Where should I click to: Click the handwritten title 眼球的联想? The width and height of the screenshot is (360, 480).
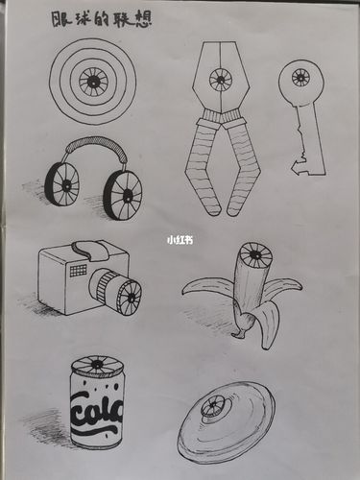point(107,18)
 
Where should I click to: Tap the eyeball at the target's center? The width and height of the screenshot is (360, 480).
point(93,81)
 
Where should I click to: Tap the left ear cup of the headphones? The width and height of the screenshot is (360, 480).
point(63,184)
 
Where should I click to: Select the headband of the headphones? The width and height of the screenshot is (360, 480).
point(92,145)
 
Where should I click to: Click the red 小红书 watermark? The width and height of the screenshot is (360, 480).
point(180,241)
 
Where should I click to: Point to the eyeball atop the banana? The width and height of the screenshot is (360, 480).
point(253,256)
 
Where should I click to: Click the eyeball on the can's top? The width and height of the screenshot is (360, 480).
point(96,365)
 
